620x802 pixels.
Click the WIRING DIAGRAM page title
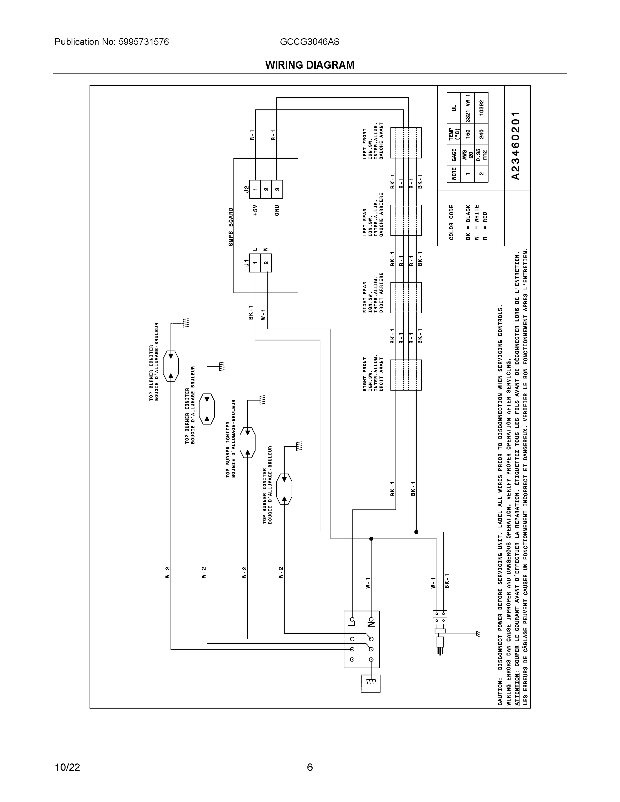tap(309, 65)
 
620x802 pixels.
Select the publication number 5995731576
tap(144, 42)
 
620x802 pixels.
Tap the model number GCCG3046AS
tap(309, 42)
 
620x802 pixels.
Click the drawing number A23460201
tap(516, 145)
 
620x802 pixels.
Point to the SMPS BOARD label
tap(231, 227)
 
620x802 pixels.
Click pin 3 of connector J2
tap(277, 189)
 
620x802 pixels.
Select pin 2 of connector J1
tap(266, 263)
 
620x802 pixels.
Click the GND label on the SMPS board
tap(277, 210)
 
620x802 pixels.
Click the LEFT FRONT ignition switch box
tap(406, 143)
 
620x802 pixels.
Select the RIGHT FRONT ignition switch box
tap(406, 375)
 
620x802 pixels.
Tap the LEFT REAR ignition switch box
tap(406, 220)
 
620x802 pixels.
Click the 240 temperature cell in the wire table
tap(481, 134)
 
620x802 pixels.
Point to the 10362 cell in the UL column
tap(481, 107)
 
